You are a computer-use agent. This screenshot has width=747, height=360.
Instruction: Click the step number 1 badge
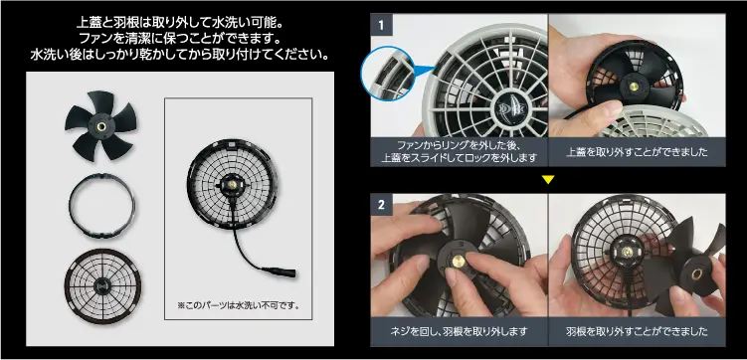[382, 22]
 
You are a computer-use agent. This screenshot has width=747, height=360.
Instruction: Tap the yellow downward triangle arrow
[547, 180]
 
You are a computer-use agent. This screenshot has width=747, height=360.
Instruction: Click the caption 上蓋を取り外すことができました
[636, 153]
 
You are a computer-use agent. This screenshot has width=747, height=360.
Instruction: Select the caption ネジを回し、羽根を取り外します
[459, 330]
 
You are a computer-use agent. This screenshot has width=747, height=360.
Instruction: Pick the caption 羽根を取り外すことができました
[637, 330]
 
